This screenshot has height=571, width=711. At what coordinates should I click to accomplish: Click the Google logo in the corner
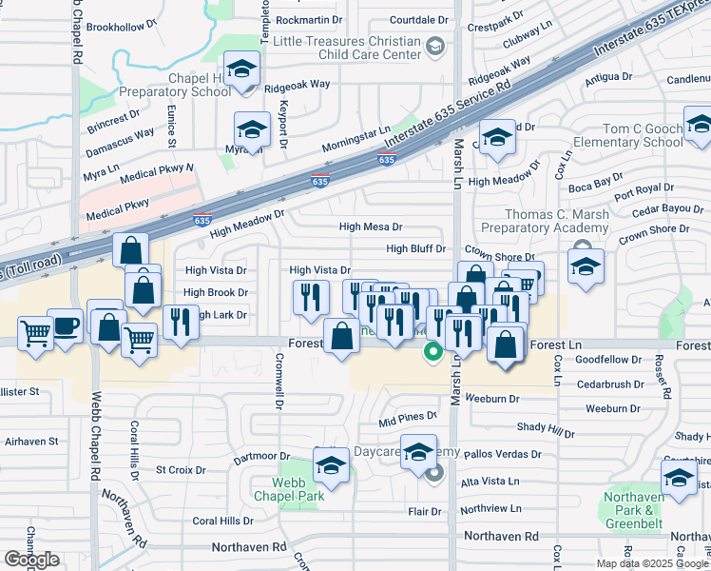click(x=31, y=560)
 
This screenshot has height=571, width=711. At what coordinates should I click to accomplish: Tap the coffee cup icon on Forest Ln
click(x=65, y=325)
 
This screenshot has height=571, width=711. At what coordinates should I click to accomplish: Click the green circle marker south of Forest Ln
click(x=432, y=352)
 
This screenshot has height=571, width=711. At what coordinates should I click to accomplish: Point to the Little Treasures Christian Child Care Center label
click(x=346, y=48)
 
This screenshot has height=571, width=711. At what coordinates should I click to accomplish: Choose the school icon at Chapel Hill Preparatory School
click(x=242, y=70)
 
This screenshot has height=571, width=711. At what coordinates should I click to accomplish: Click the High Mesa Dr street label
click(x=371, y=227)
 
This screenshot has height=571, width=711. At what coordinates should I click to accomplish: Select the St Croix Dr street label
click(x=181, y=469)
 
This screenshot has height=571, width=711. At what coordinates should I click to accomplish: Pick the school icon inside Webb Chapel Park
click(x=331, y=465)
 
